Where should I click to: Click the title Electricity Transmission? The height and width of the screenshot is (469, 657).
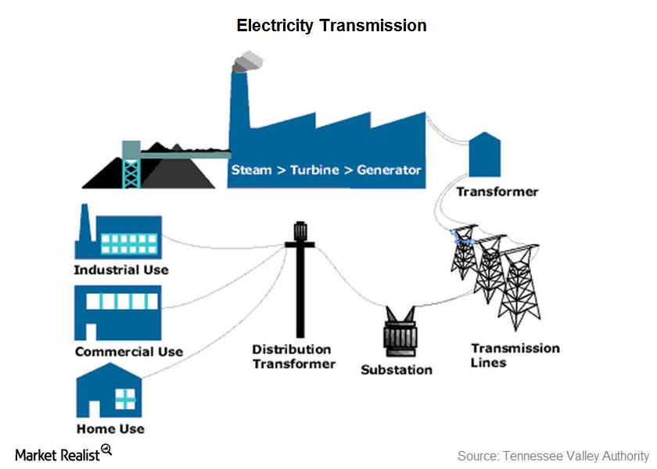pyautogui.click(x=332, y=26)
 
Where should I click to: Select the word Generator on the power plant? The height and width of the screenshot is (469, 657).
pyautogui.click(x=389, y=170)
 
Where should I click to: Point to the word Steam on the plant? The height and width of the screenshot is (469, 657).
pyautogui.click(x=251, y=170)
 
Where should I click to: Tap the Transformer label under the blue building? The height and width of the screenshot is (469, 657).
pyautogui.click(x=497, y=192)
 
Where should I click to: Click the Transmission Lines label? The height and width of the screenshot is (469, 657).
pyautogui.click(x=515, y=355)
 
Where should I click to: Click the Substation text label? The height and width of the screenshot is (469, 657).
pyautogui.click(x=396, y=369)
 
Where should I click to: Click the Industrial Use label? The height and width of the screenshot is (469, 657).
pyautogui.click(x=120, y=270)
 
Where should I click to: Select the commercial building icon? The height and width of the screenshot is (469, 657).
pyautogui.click(x=117, y=311)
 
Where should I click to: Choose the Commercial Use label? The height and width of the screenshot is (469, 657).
pyautogui.click(x=128, y=352)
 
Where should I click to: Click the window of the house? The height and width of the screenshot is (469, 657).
pyautogui.click(x=124, y=399)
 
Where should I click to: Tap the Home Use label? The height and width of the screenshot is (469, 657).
pyautogui.click(x=110, y=428)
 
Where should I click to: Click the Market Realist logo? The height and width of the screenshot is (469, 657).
pyautogui.click(x=63, y=454)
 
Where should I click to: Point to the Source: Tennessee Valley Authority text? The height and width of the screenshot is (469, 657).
pyautogui.click(x=553, y=456)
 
